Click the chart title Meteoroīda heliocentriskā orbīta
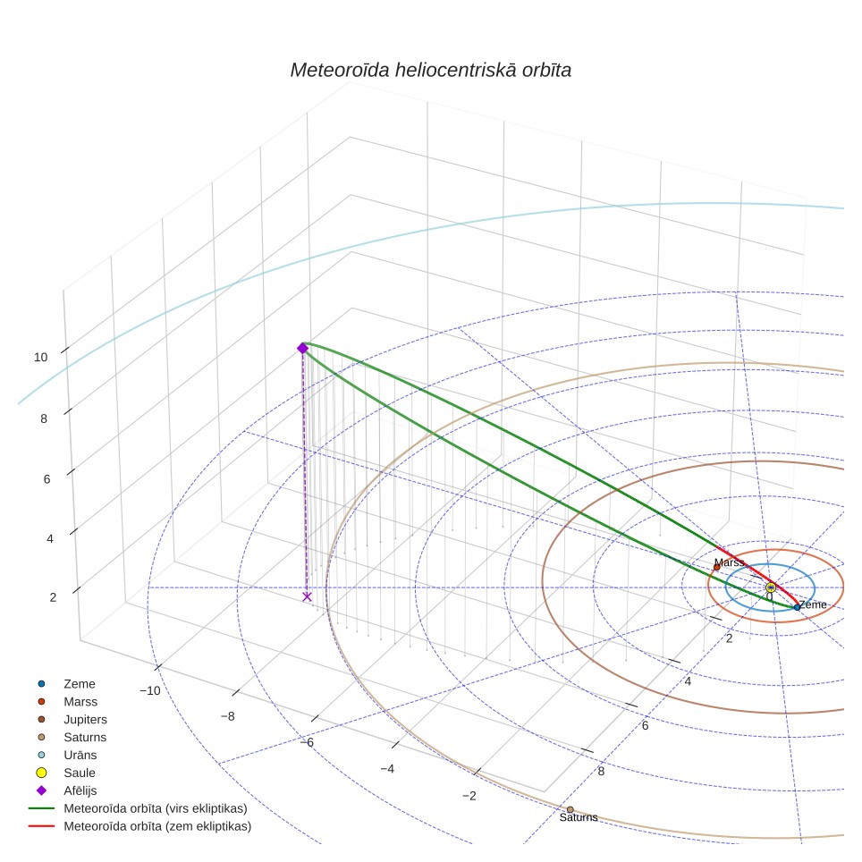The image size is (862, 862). (430, 71)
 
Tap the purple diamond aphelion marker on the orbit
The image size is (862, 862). (302, 348)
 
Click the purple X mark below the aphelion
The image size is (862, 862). (308, 596)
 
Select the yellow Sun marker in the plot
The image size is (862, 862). (771, 587)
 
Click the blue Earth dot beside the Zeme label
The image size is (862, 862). (797, 607)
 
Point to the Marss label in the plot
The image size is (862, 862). (729, 562)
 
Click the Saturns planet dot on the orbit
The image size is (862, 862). (570, 809)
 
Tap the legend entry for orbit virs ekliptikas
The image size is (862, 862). (138, 808)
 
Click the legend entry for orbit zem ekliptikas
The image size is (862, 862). (140, 825)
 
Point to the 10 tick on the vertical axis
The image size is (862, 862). (40, 358)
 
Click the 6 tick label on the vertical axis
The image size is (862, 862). (46, 479)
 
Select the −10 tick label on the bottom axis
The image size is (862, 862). (149, 690)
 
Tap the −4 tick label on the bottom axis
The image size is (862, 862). (387, 768)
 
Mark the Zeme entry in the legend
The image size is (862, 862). (66, 683)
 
